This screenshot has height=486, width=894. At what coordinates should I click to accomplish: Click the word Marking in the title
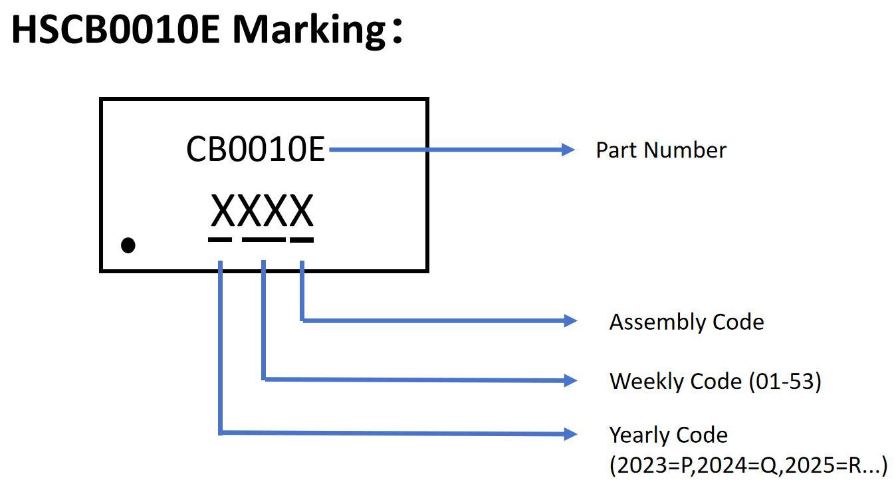click(308, 29)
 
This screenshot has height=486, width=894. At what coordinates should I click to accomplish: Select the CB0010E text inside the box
click(255, 150)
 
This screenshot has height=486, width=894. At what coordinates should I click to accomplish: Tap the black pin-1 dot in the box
click(128, 245)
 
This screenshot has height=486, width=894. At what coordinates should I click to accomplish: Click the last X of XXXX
click(300, 211)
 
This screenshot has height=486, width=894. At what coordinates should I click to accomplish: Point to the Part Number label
click(661, 150)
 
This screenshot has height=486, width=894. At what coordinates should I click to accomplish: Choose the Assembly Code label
click(687, 322)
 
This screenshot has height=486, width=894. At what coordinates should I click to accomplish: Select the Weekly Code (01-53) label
click(715, 381)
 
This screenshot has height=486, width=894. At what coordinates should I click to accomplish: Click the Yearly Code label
click(668, 435)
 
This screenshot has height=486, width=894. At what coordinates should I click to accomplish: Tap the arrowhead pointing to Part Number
click(568, 150)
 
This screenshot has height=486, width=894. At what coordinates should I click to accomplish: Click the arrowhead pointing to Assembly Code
click(570, 321)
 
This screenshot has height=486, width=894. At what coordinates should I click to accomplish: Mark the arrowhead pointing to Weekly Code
click(570, 380)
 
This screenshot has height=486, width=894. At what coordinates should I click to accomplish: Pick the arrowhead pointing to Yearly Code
click(570, 434)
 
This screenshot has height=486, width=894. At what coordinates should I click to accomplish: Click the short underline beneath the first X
click(220, 239)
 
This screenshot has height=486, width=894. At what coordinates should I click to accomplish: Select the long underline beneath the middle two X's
click(263, 239)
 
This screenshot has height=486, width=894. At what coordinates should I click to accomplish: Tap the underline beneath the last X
click(302, 239)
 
